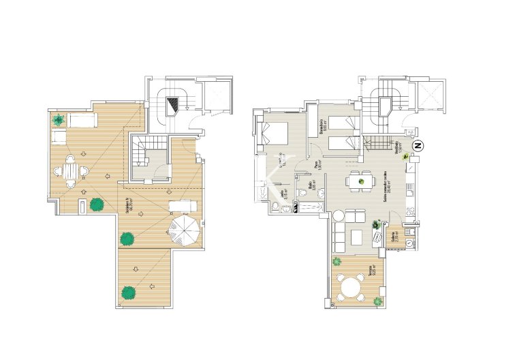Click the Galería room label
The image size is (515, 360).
394,238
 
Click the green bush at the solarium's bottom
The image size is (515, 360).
127,292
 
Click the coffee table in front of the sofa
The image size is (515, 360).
356,237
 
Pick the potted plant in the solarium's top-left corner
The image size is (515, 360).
59,121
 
